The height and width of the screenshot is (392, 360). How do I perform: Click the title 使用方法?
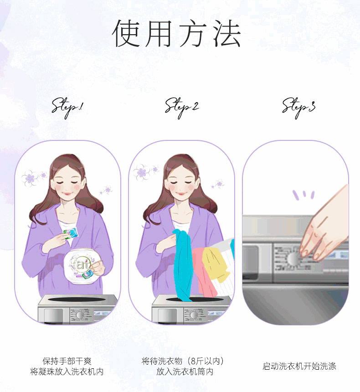[x=176, y=33]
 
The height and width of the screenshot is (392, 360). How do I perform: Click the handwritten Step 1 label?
[x=67, y=108]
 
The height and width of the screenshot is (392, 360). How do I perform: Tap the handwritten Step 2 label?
[x=182, y=108]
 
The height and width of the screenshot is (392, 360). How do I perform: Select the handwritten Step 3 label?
[x=299, y=108]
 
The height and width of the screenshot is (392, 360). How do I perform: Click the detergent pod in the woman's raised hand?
[x=71, y=233]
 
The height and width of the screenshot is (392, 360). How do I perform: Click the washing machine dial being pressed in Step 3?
[x=294, y=258]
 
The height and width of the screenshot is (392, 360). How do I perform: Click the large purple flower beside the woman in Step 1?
[x=30, y=178]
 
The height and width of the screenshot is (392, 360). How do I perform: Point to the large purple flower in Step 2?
[x=142, y=172]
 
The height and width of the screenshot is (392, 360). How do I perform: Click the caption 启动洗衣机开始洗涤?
[x=299, y=366]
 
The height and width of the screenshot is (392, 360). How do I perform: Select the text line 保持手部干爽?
[x=67, y=361]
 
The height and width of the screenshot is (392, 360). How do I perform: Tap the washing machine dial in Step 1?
[x=80, y=315]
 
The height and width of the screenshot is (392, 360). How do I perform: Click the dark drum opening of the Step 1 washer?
[x=77, y=299]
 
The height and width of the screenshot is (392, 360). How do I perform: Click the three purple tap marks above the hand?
[x=303, y=195]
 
